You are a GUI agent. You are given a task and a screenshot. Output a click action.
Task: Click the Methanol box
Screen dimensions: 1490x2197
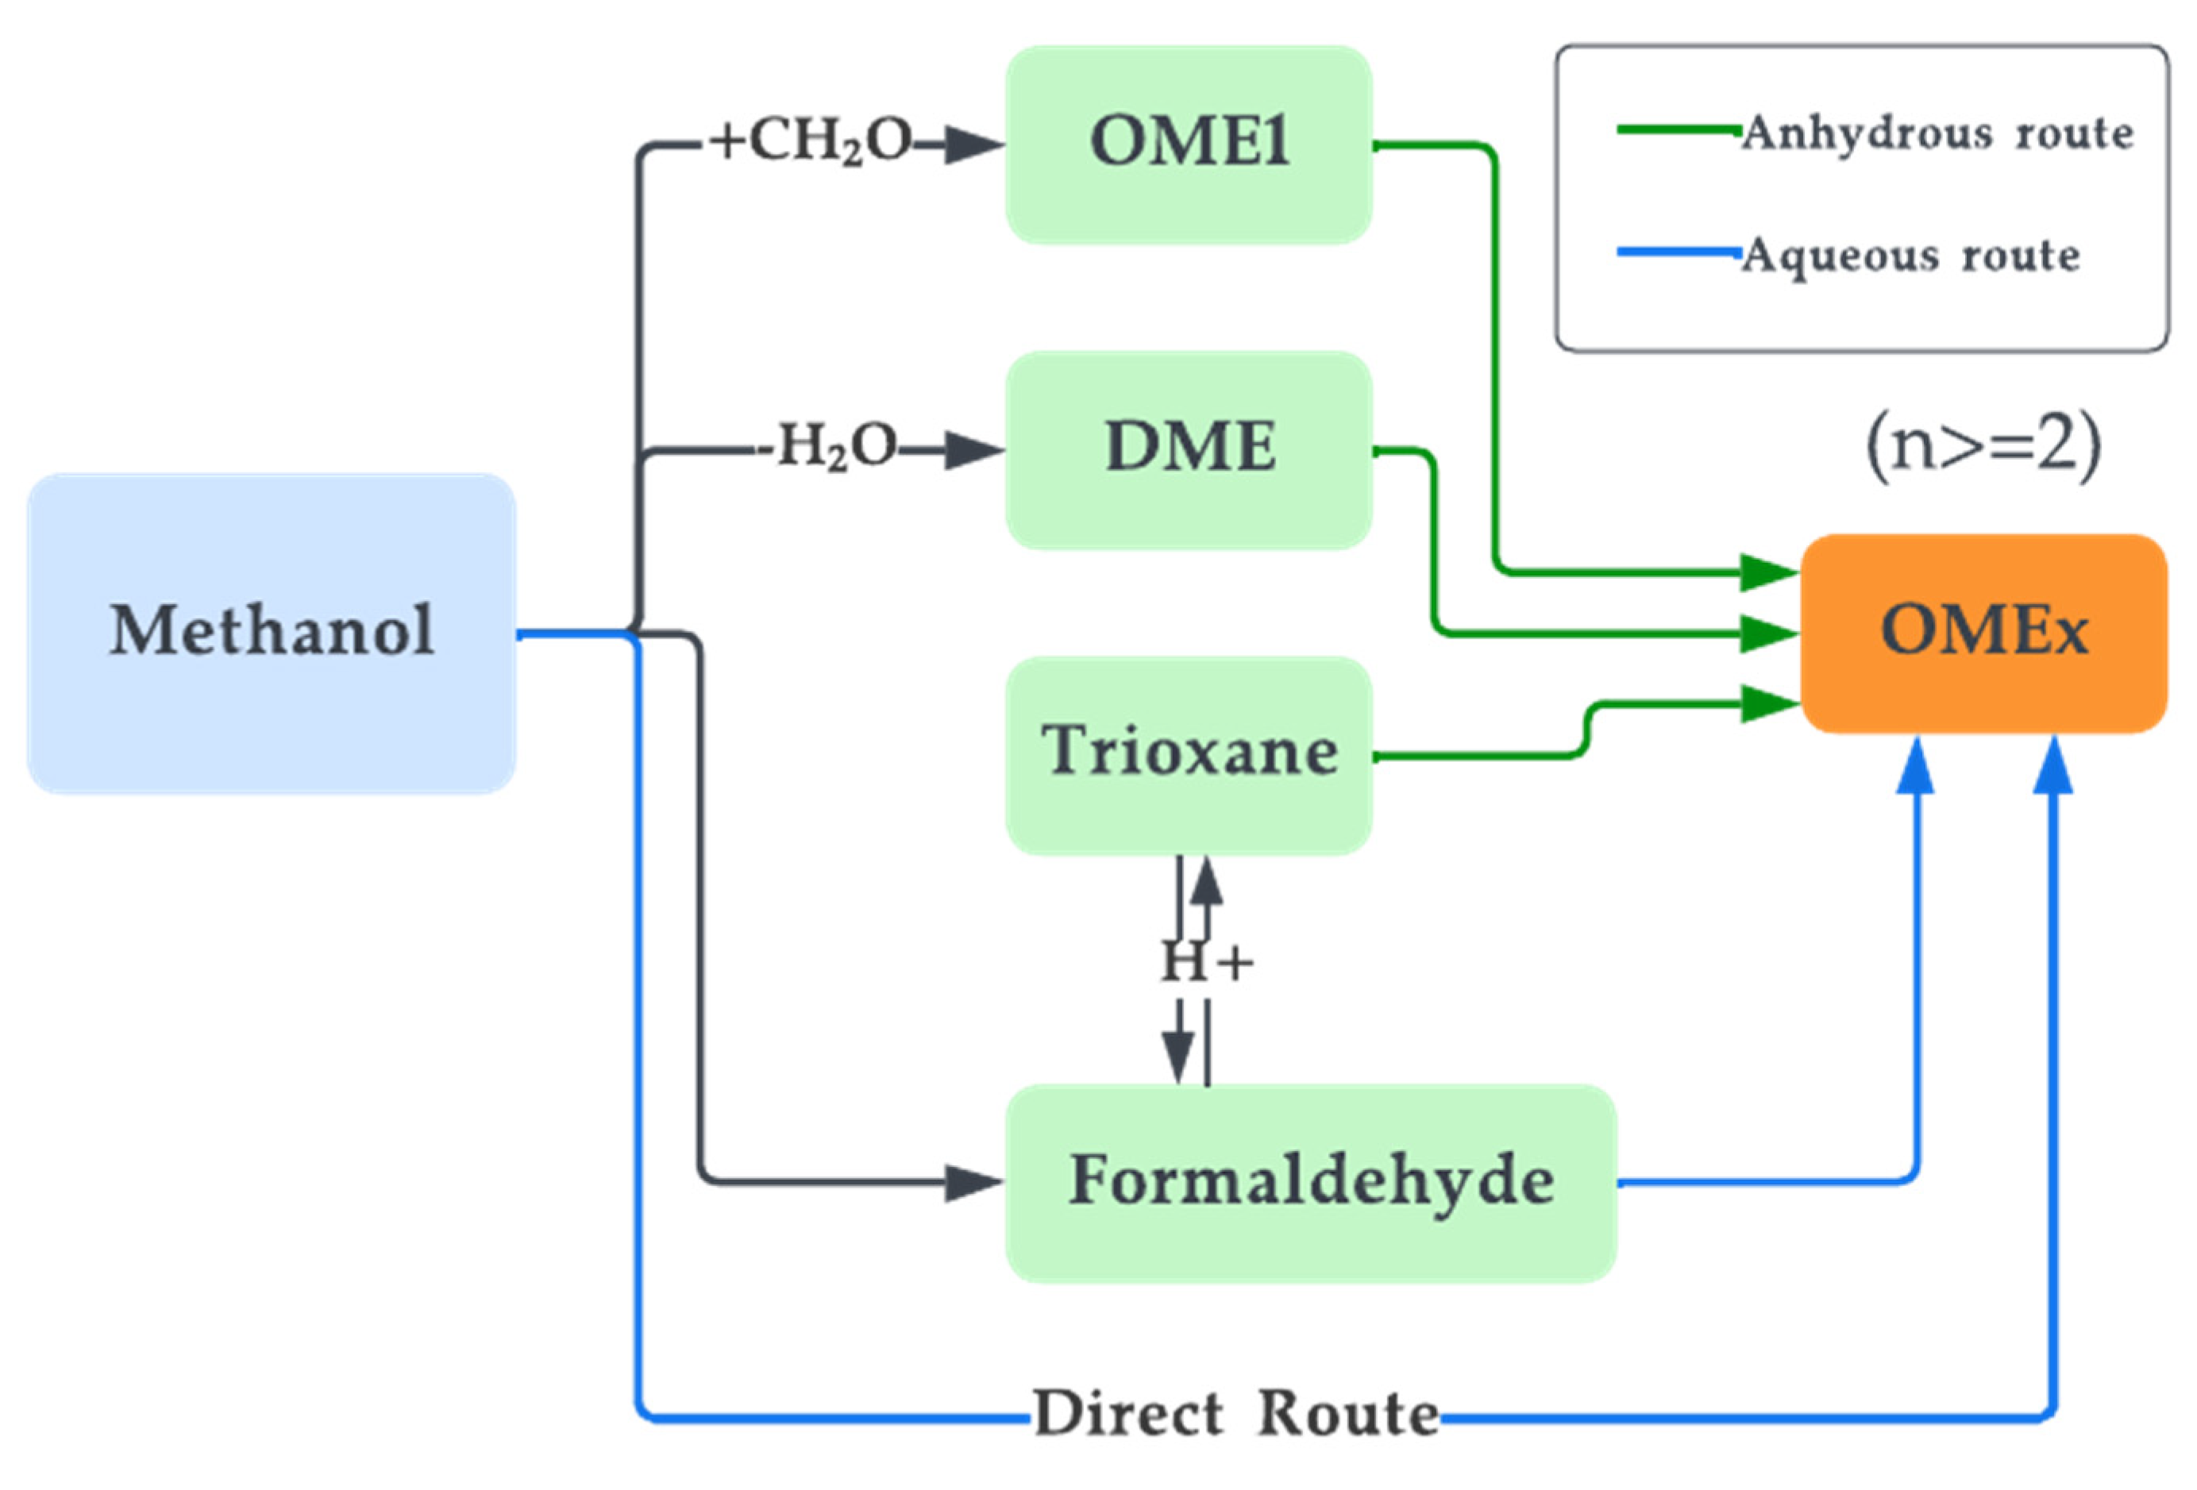point(272,633)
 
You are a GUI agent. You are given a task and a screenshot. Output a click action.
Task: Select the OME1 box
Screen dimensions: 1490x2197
point(1189,144)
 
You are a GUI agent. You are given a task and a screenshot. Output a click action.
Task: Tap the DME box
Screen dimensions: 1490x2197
point(1189,450)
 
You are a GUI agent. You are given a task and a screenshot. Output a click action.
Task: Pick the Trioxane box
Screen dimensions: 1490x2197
point(1189,754)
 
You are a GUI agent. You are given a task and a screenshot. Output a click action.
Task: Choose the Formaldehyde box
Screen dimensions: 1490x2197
point(1310,1182)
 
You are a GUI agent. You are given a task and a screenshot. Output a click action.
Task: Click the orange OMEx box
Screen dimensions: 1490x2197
point(1983,633)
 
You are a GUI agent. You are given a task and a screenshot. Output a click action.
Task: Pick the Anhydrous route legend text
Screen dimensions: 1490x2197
point(1938,133)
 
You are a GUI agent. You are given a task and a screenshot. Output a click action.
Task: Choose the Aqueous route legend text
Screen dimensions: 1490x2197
point(1911,256)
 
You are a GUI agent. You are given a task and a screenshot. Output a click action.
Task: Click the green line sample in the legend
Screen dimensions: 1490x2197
point(1678,129)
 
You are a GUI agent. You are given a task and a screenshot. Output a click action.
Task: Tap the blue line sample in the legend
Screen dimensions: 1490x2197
point(1678,252)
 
